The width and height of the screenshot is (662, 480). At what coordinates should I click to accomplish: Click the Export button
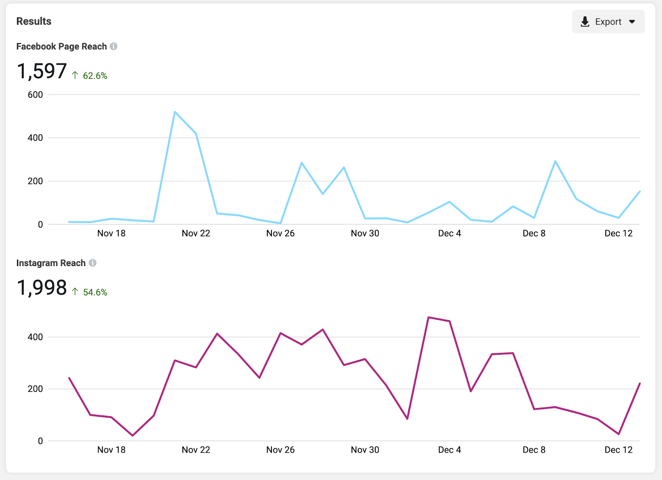pos(608,22)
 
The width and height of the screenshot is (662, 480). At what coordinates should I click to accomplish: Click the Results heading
pos(34,22)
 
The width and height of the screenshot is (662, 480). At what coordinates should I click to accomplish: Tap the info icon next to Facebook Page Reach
pos(113,46)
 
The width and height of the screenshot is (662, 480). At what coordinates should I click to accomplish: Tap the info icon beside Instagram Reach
pos(93,263)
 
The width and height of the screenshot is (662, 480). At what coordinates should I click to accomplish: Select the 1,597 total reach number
pos(42,71)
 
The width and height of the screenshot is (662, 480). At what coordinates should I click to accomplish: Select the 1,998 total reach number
pos(42,288)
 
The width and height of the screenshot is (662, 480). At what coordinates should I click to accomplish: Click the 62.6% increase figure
pos(95,76)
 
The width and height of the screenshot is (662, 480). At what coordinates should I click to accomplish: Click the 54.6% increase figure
pos(95,292)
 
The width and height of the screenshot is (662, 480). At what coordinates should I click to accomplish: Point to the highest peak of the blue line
pos(175,112)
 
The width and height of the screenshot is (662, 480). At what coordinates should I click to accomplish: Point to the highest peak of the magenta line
pos(429,317)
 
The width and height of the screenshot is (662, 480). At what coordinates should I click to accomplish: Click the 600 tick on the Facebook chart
pos(35,95)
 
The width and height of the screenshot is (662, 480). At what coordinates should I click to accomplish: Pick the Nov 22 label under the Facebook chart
pos(196,233)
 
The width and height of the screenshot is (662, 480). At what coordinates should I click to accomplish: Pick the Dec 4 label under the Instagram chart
pos(449,450)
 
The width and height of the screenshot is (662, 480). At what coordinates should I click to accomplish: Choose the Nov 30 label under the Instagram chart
pos(365,450)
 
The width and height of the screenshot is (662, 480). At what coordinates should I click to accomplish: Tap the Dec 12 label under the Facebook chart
pos(619,233)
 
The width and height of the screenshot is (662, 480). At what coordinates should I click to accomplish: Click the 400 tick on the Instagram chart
pos(35,337)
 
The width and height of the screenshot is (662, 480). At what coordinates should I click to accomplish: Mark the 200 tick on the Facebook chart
pos(35,181)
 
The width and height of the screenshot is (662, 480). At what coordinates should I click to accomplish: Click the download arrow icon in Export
pos(585,22)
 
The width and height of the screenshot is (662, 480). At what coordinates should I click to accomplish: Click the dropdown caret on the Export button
pos(632,22)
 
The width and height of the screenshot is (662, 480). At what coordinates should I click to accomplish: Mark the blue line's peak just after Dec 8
pos(555,161)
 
